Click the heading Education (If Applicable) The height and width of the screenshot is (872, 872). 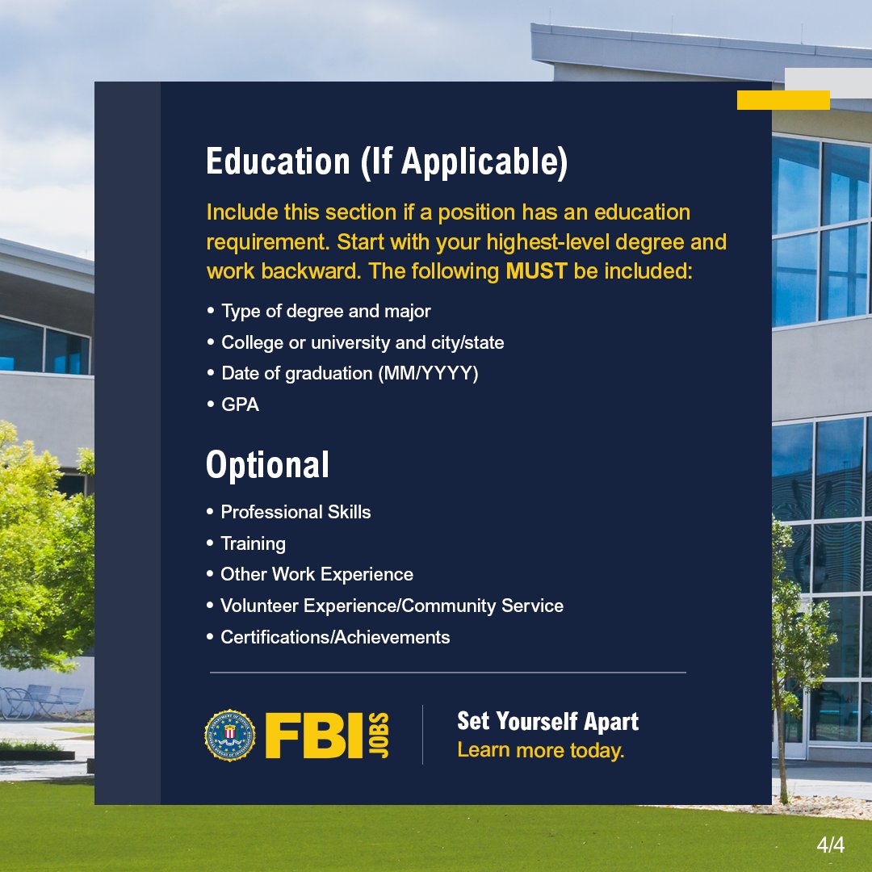click(387, 161)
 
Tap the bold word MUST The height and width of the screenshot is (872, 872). click(537, 271)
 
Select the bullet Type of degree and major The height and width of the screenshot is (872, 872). click(325, 312)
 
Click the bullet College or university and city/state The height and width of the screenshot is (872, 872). click(363, 343)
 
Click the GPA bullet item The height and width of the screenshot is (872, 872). click(240, 405)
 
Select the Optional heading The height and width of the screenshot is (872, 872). click(267, 465)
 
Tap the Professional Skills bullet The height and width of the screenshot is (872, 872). click(296, 512)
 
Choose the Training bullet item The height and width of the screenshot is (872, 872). click(253, 543)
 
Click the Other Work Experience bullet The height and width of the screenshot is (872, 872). click(317, 575)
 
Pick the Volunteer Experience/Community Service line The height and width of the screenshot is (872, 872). click(392, 606)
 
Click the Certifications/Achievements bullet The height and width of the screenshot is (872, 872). click(335, 637)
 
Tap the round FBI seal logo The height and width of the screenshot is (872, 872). click(229, 735)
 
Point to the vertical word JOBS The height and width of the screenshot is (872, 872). click(379, 735)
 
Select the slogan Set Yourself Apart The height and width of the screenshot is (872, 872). click(547, 721)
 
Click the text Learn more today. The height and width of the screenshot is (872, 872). click(541, 750)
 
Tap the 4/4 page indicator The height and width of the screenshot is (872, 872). click(830, 845)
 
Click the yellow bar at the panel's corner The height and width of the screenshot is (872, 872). click(783, 100)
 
